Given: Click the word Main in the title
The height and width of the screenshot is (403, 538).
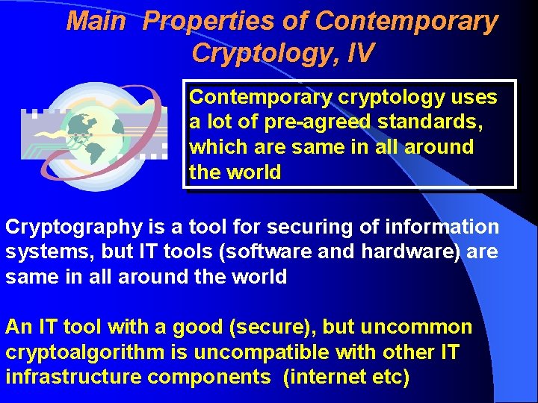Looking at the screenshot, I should click(x=96, y=22).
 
